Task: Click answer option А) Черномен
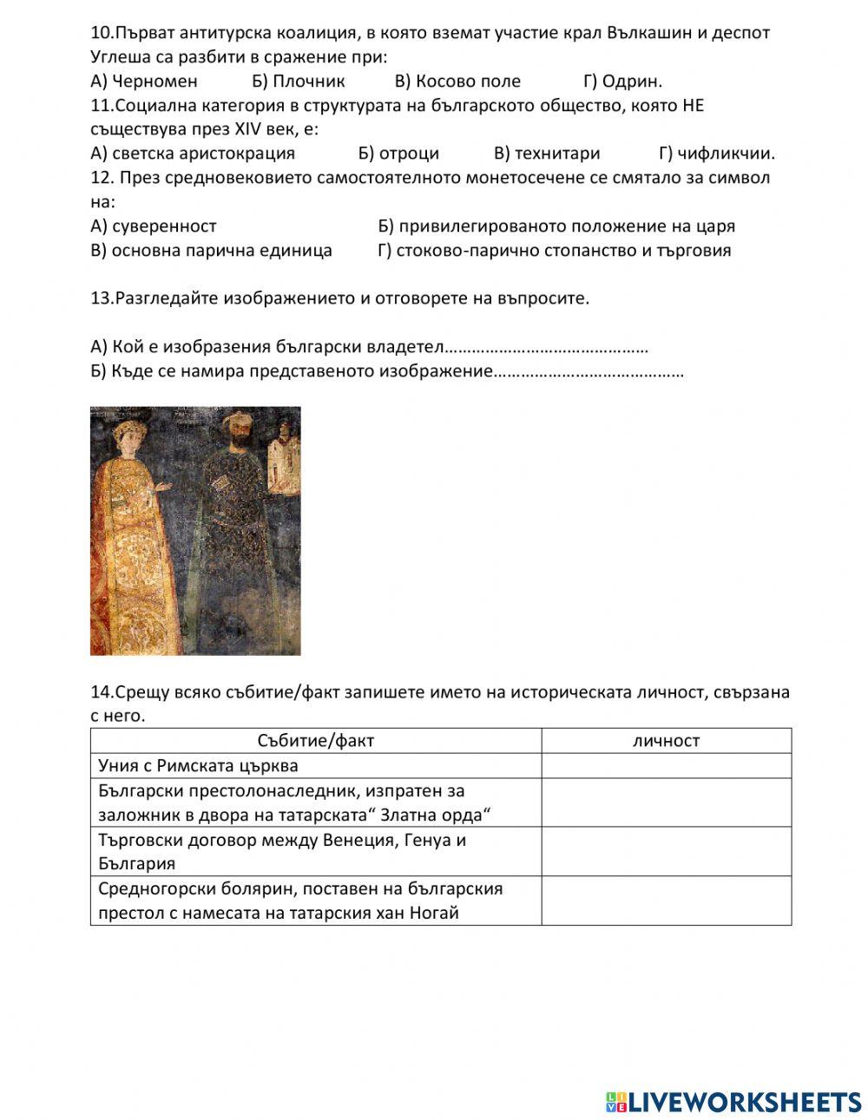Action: (144, 82)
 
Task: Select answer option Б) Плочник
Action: (299, 82)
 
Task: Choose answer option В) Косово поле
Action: (457, 82)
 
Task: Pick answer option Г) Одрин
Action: (622, 82)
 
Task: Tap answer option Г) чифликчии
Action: (716, 154)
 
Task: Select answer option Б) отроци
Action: (398, 154)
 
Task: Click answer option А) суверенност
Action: (154, 226)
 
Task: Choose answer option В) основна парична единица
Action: (211, 251)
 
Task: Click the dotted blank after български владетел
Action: (547, 348)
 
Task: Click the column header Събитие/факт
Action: (316, 741)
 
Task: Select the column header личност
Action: (666, 741)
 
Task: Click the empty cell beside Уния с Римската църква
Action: (666, 766)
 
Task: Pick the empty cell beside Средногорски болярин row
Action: (666, 901)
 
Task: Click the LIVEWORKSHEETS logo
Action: (733, 1101)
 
